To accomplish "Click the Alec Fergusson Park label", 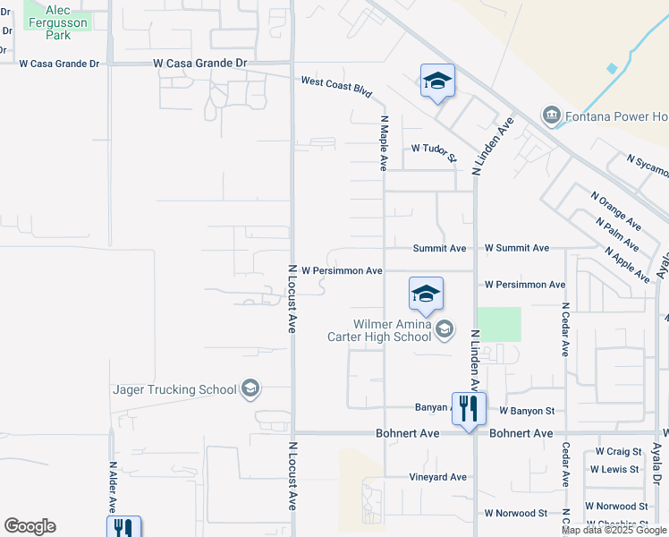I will pos(58,22).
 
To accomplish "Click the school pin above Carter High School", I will pos(426,294).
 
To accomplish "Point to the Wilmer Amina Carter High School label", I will pos(393,330).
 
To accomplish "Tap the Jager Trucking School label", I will pos(174,389).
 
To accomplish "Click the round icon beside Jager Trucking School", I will pos(250,389).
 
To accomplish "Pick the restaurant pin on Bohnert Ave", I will pos(469,409).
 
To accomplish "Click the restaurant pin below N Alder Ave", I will pos(123,528).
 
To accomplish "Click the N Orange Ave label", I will pos(615,209).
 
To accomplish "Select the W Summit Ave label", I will pos(517,248).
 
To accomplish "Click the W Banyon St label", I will pos(528,411).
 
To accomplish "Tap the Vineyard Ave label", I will pos(438,477).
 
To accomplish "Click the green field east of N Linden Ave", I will pos(498,324).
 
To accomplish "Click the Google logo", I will pos(30,526).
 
